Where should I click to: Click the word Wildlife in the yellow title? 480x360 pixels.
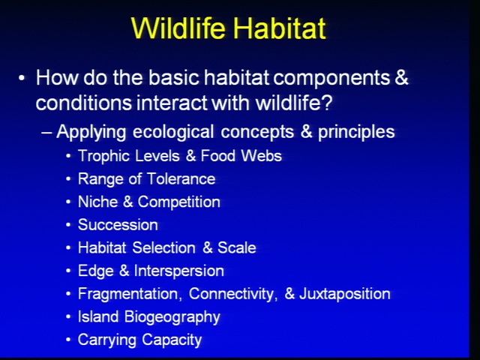[178, 28]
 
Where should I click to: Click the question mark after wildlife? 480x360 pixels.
[327, 102]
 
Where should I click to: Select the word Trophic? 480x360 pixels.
[103, 156]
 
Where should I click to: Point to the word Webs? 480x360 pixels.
[261, 155]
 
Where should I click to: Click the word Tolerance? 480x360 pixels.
[181, 178]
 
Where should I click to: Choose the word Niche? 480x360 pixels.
[98, 202]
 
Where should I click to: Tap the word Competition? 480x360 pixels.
[178, 202]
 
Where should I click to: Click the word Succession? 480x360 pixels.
[118, 225]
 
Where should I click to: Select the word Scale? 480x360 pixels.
[237, 247]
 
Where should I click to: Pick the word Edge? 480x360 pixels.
[96, 271]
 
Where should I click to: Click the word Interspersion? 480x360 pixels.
[179, 271]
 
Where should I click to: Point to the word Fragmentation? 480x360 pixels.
[128, 294]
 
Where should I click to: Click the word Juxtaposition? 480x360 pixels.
[345, 294]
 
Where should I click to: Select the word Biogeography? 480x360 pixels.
[172, 317]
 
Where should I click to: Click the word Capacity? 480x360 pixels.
[172, 340]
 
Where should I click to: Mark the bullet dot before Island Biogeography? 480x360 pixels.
[68, 316]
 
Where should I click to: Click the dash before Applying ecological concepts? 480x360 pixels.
[46, 133]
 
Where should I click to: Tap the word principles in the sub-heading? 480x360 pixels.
[356, 132]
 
